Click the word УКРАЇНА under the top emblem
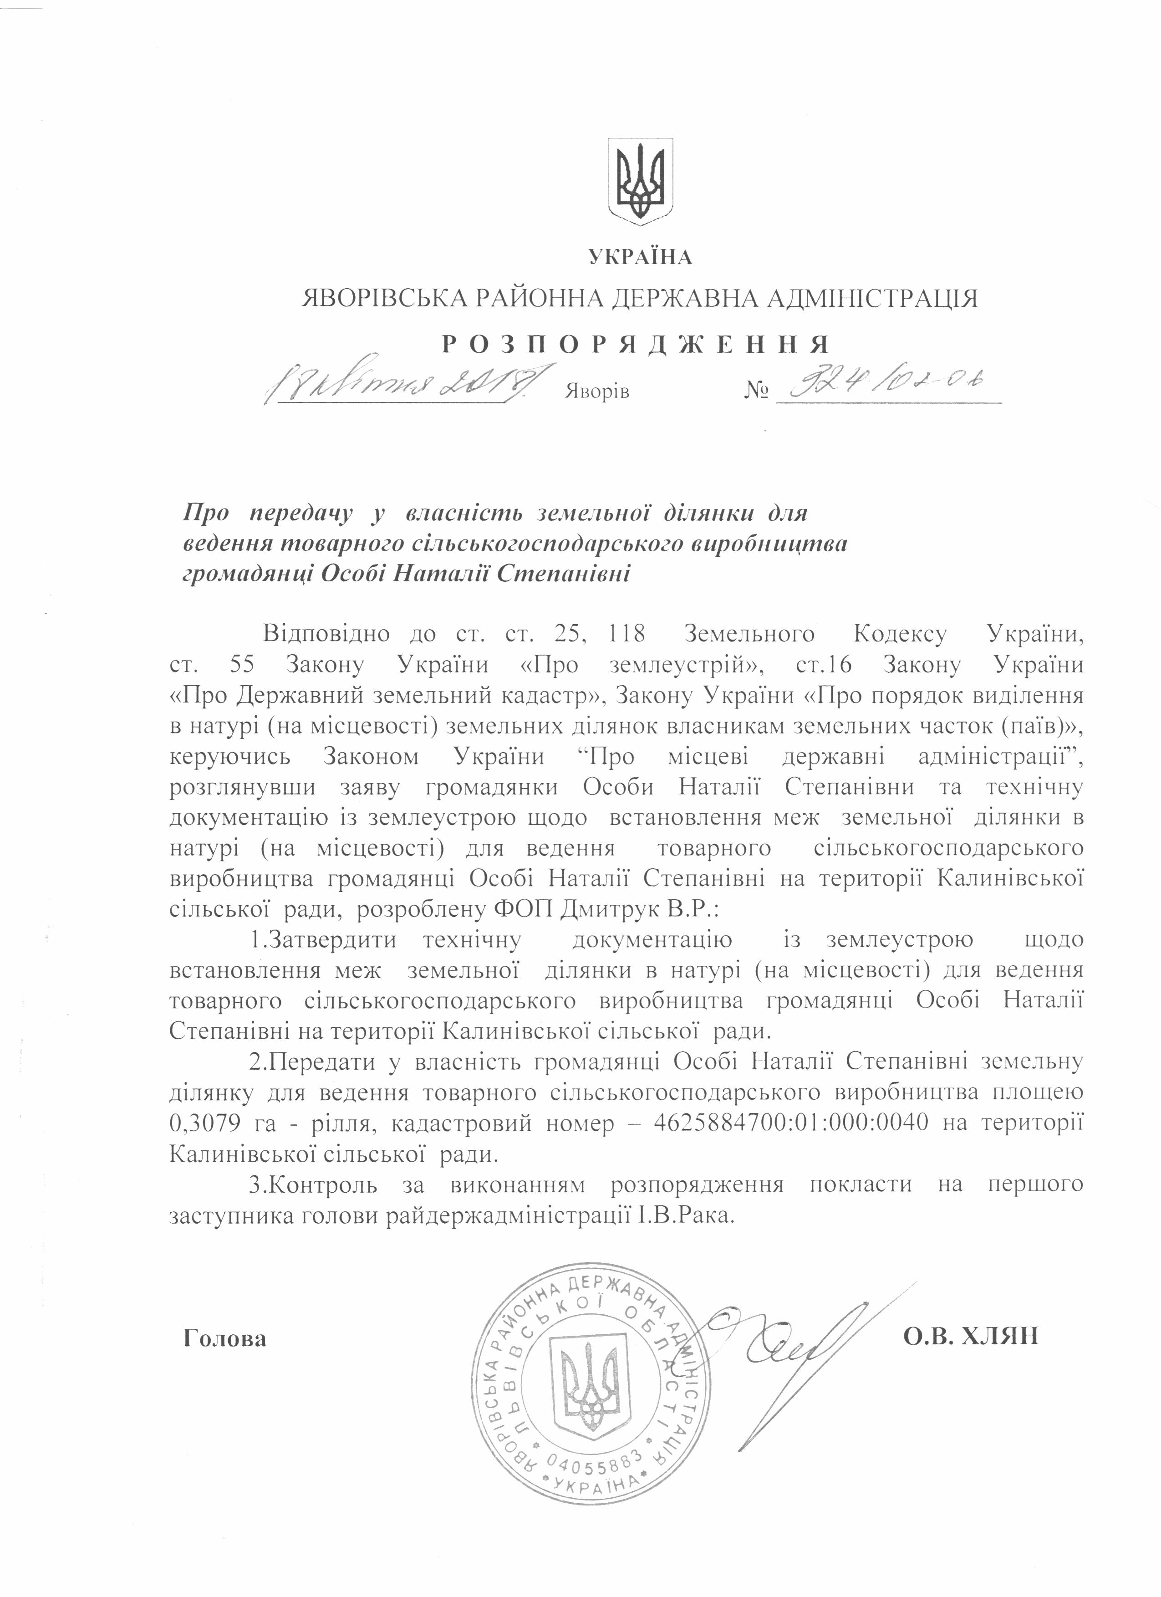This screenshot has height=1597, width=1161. point(640,258)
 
